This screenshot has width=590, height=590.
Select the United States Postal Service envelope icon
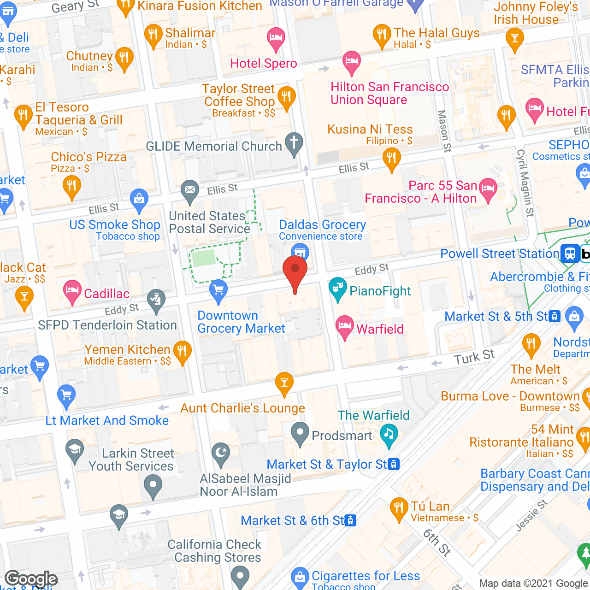189,189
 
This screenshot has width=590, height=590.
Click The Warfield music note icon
389,434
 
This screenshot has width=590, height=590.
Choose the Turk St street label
474,357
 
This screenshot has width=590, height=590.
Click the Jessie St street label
531,515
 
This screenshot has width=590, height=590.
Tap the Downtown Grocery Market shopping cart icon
218,290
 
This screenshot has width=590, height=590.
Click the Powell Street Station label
500,254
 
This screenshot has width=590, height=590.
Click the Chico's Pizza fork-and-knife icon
71,186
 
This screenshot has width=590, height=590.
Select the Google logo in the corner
31,579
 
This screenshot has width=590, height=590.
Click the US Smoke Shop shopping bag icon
139,199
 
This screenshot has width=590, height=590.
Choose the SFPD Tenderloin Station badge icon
156,299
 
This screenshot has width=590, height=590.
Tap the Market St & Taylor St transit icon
394,464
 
